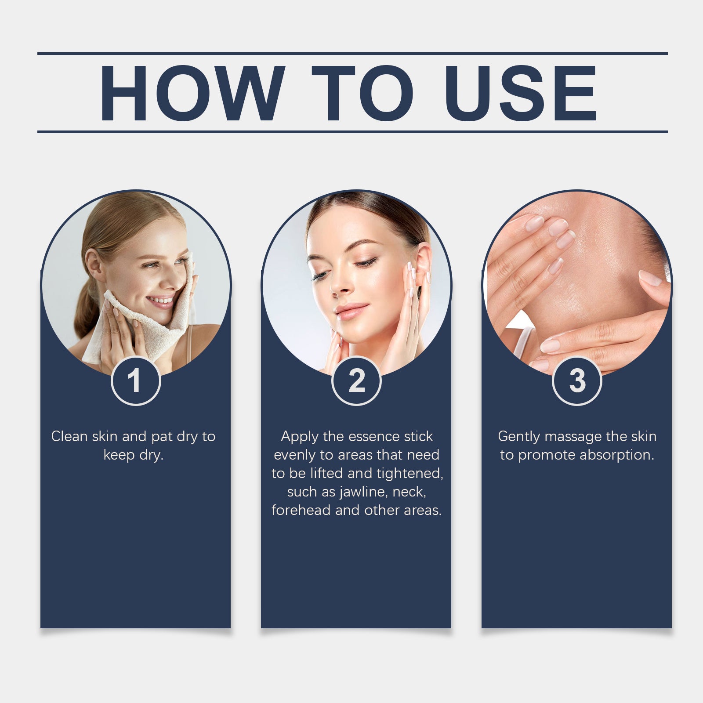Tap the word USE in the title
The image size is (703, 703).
521,93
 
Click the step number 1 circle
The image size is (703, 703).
136,380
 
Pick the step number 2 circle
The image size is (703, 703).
356,380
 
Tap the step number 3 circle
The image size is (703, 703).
577,380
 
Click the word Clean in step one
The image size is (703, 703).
69,436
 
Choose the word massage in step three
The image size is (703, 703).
573,436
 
